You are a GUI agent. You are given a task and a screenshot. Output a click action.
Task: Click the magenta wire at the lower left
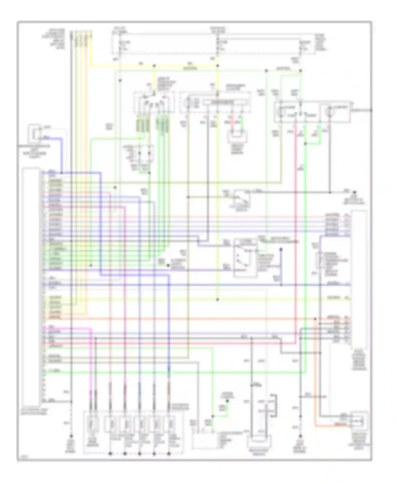tap(91, 364)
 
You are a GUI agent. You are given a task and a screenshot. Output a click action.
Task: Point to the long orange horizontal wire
tap(185, 319)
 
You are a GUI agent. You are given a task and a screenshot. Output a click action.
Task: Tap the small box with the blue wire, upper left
tap(35, 133)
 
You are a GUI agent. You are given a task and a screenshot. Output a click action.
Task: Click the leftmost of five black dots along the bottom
tap(110, 454)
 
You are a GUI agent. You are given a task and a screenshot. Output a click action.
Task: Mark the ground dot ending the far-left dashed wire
tap(71, 436)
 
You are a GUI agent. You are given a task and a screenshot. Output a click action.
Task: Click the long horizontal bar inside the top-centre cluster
tap(225, 102)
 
